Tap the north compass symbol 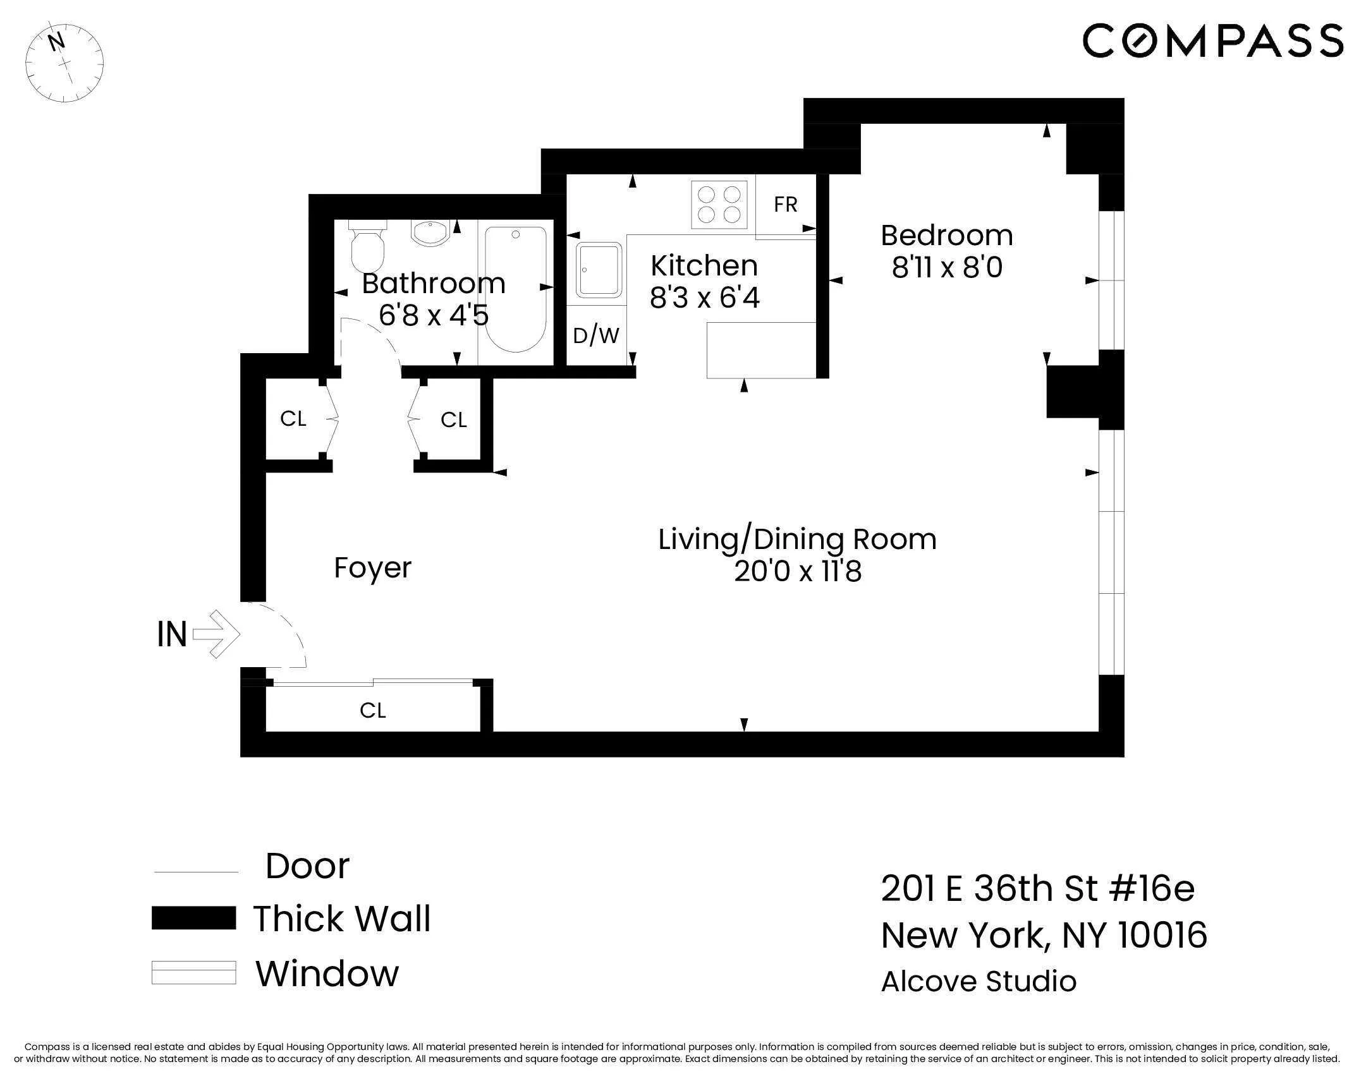coord(64,63)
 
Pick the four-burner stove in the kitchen coord(719,205)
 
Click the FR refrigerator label coord(785,205)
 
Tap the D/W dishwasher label coord(595,336)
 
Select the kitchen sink coord(598,270)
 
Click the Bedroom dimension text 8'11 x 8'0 coord(946,268)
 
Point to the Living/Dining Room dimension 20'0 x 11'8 coord(798,572)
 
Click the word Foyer coord(372,567)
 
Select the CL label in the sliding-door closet coord(372,711)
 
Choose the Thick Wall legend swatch coord(193,918)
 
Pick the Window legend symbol coord(193,973)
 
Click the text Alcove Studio coord(979,982)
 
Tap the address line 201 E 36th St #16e coord(1037,889)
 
